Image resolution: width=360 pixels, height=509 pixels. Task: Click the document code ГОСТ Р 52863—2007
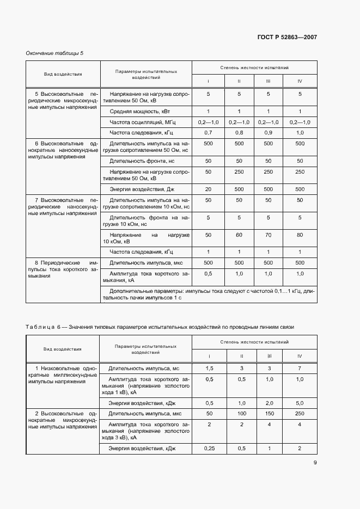[x=286, y=37]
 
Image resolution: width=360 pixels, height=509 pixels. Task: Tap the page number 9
[x=315, y=463]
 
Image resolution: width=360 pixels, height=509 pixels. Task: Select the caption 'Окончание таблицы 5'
[x=54, y=53]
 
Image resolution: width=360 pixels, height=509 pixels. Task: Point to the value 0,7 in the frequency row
[x=208, y=132]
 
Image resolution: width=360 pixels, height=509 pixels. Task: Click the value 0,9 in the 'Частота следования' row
[x=268, y=132]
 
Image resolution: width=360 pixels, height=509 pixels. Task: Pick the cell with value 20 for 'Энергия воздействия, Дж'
[x=208, y=189]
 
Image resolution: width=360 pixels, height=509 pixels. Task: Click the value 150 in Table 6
[x=268, y=414]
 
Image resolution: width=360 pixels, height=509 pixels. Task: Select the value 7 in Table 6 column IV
[x=300, y=370]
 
